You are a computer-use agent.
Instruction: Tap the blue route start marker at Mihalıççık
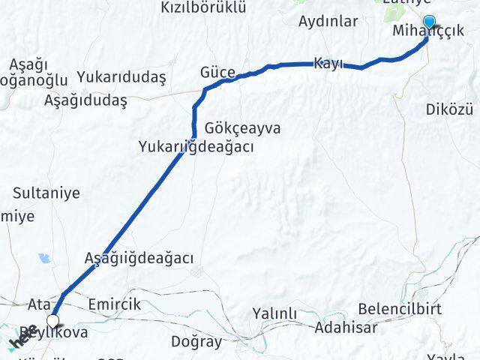click(x=429, y=22)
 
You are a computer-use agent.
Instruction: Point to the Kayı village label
click(x=329, y=63)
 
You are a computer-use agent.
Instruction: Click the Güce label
click(x=217, y=73)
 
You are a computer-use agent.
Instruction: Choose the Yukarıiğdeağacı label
click(x=196, y=147)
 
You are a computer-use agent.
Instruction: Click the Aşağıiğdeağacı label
click(x=139, y=258)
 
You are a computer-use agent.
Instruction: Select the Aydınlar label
click(x=328, y=21)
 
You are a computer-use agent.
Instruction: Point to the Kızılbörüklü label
click(x=203, y=7)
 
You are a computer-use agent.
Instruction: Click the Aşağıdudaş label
click(x=85, y=100)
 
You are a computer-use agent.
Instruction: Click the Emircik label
click(x=114, y=304)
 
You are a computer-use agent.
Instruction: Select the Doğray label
click(x=196, y=342)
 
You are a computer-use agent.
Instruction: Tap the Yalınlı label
click(x=275, y=313)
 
